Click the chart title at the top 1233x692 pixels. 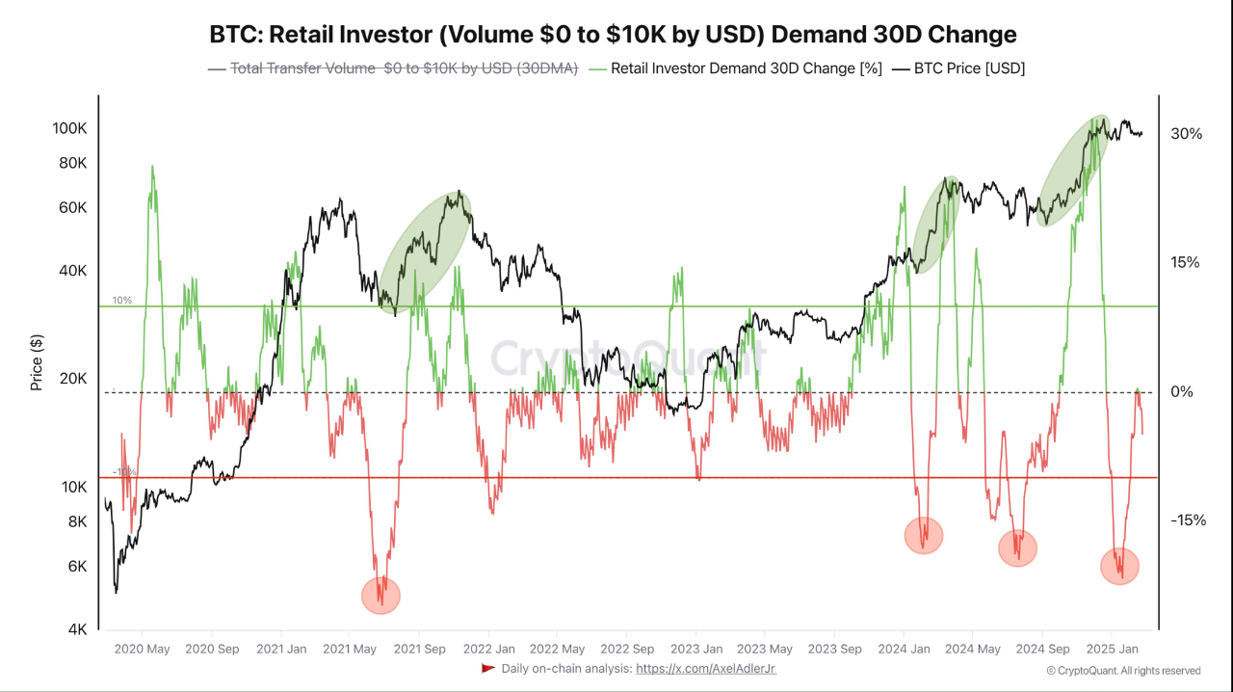613,35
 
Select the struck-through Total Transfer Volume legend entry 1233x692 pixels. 392,68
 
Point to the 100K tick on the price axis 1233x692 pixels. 69,128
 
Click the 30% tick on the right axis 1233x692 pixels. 1186,134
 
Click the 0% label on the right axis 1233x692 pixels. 1182,391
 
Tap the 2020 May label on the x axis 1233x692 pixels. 142,649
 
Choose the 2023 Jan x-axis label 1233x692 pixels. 696,649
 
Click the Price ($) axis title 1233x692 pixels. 37,361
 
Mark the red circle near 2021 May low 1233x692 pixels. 380,596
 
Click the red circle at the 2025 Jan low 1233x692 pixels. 1119,566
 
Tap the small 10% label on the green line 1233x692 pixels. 122,301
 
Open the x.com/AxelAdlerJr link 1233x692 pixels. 705,668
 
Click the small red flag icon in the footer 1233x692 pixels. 488,668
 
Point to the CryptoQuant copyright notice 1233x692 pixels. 1123,671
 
